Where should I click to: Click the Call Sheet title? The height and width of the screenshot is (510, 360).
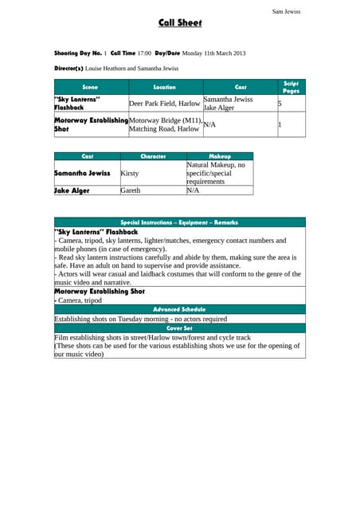[x=179, y=23]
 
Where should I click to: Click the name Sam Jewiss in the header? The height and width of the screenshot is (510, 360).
[x=286, y=11]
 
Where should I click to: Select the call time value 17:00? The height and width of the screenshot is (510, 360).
[x=144, y=53]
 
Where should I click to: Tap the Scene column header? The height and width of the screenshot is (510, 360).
[x=91, y=87]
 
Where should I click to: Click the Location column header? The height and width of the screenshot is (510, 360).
[x=165, y=87]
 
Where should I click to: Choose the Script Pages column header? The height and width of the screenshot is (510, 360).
[x=291, y=87]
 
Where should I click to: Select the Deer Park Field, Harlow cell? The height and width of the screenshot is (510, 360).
[x=164, y=104]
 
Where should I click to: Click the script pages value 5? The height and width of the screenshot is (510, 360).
[x=280, y=104]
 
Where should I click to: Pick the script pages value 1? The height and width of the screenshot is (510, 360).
[x=280, y=124]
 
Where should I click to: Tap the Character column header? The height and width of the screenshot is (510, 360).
[x=152, y=157]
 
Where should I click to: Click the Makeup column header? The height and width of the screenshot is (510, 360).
[x=219, y=157]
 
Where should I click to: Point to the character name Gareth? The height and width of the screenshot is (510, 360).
[x=131, y=191]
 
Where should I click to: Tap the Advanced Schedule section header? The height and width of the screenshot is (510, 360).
[x=179, y=309]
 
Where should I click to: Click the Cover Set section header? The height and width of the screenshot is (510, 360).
[x=179, y=328]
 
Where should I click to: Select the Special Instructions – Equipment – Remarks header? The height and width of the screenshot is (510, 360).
[x=179, y=222]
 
